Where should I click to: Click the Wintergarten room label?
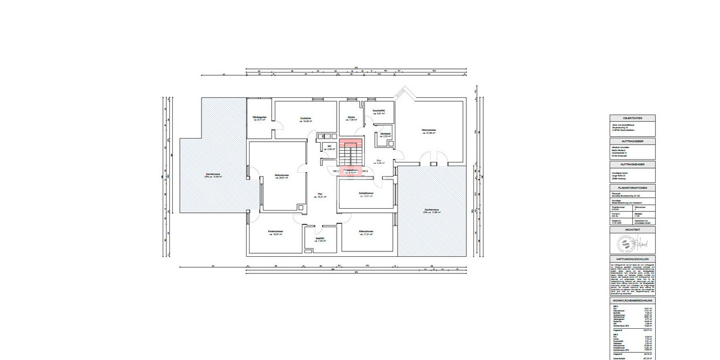(x=259, y=118)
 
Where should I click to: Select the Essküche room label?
(x=306, y=119)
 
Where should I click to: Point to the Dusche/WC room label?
(x=379, y=112)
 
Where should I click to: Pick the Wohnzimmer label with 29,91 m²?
(x=279, y=176)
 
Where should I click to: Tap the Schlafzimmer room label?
(x=366, y=194)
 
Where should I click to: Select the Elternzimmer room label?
(x=366, y=233)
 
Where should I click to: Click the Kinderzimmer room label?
(x=275, y=233)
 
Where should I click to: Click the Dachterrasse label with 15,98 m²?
(x=214, y=175)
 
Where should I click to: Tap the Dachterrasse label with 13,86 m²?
(x=432, y=211)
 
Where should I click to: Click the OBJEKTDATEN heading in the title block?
(x=632, y=118)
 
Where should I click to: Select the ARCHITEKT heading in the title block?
(x=632, y=230)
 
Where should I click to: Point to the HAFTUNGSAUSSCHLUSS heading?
(x=632, y=259)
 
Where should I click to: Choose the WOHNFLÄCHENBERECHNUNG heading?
(x=632, y=299)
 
